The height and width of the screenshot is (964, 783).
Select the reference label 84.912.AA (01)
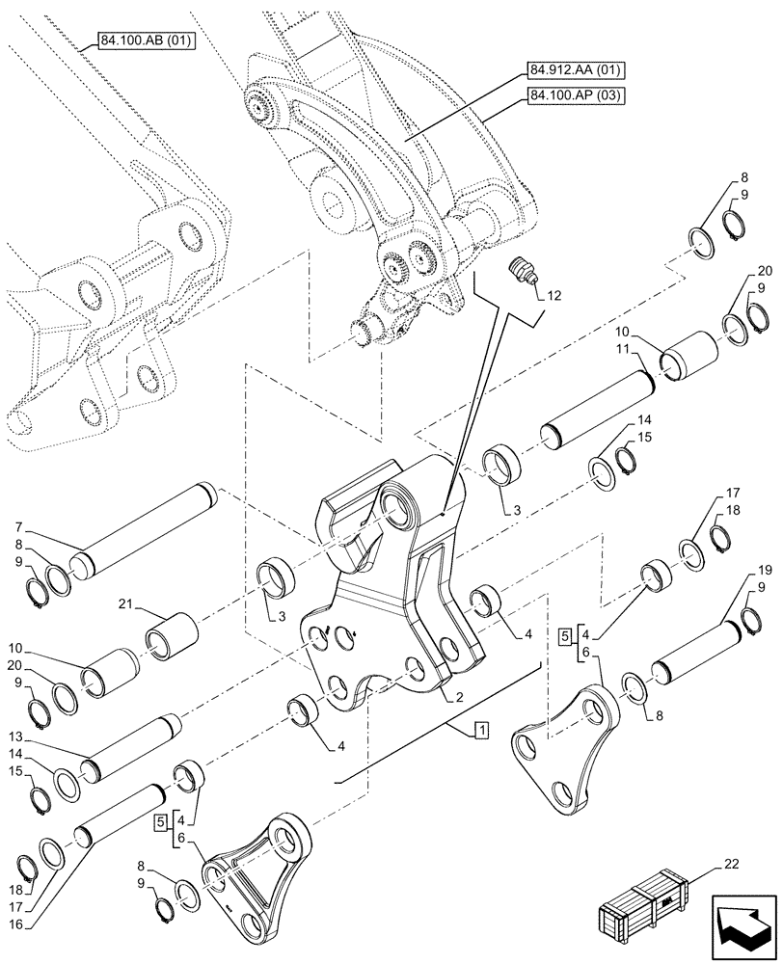(576, 70)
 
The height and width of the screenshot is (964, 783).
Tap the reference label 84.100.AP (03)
(576, 94)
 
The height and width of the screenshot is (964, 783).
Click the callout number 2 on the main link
(436, 696)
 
